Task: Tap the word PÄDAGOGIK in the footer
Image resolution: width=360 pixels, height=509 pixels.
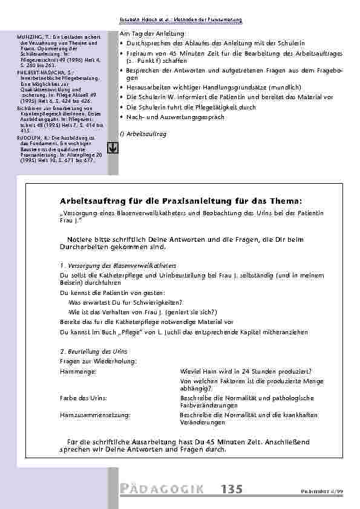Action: pyautogui.click(x=162, y=489)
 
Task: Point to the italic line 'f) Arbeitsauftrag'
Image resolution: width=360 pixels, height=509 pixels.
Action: pyautogui.click(x=143, y=133)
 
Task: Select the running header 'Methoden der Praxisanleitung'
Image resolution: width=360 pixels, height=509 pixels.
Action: pyautogui.click(x=208, y=20)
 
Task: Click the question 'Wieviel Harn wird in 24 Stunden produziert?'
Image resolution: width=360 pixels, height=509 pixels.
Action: pyautogui.click(x=246, y=371)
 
